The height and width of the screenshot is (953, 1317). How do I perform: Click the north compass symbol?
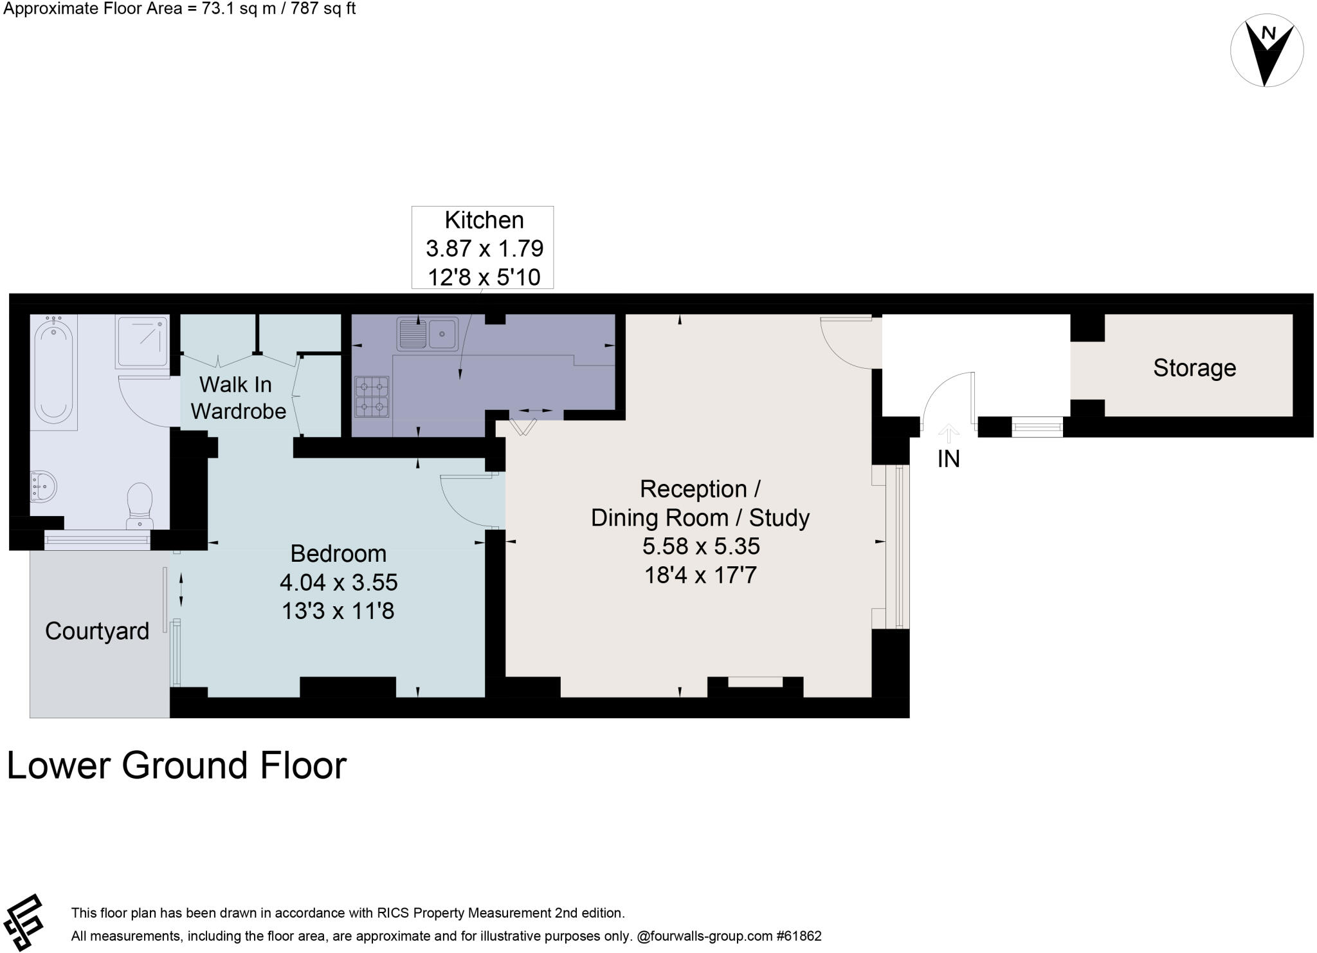pos(1266,51)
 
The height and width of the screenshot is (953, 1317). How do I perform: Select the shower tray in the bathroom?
pos(142,341)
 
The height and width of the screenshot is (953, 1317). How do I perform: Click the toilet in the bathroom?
pos(140,505)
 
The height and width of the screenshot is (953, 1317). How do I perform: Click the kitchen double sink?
pos(426,334)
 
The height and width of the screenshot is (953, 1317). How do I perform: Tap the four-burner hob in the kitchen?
pos(372,395)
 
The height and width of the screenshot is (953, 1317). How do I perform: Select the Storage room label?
pos(1194,368)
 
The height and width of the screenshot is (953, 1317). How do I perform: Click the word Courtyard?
pos(97,631)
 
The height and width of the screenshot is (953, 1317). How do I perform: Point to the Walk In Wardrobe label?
pos(237,398)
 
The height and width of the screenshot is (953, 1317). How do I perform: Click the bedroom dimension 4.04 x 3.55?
pos(338,582)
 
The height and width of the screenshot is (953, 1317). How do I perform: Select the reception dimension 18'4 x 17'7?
pos(700,575)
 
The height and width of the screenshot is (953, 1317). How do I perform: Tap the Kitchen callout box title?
pos(484,221)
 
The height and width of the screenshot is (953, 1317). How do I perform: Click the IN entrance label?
pos(949,459)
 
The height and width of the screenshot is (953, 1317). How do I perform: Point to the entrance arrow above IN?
pos(949,432)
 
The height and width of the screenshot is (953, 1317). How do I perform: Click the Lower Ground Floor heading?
pos(176,765)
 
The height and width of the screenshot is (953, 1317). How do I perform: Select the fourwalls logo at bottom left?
pos(24,921)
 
